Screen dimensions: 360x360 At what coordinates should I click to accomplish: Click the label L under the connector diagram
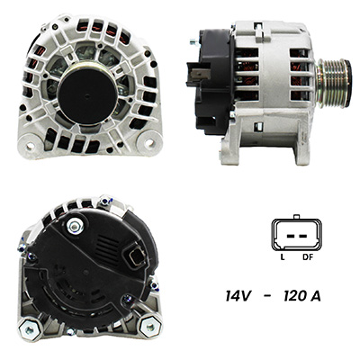coord(282,257)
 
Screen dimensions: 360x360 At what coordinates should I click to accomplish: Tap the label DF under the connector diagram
coord(308,257)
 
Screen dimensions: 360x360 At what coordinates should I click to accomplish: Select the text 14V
coord(238,296)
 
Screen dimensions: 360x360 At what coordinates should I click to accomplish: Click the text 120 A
coord(302,296)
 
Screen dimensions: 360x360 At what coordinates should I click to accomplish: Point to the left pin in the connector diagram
coord(290,236)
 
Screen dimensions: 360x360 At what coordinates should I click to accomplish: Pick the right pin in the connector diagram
coord(302,236)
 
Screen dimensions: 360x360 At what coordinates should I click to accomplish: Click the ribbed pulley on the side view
coord(334,83)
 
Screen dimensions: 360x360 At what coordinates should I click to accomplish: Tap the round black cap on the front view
coord(87,94)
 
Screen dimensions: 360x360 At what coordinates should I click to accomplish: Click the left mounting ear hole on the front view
coord(31,146)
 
